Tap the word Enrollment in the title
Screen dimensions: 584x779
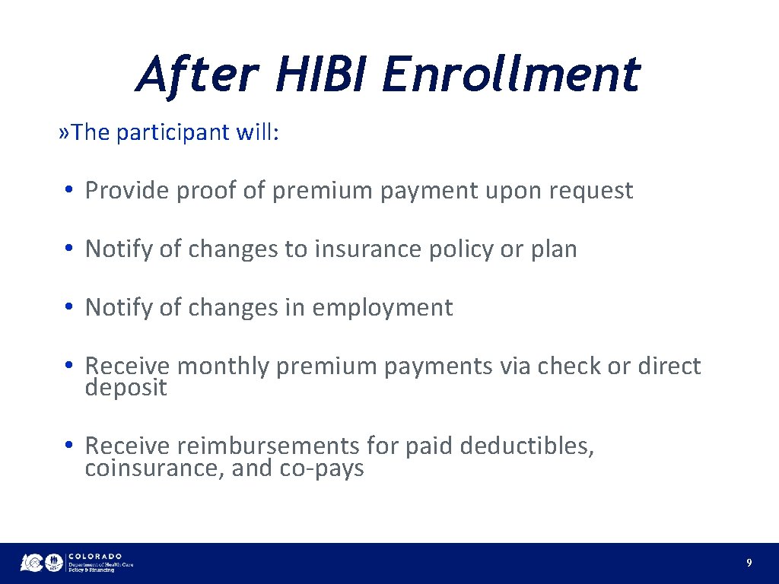click(x=510, y=75)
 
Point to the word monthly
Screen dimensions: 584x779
click(x=223, y=367)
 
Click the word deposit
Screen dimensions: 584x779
click(x=126, y=389)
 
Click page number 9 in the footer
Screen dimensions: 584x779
click(x=749, y=563)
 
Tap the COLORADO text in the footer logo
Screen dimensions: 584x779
click(x=95, y=557)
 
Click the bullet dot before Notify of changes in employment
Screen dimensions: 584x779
click(x=68, y=308)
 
